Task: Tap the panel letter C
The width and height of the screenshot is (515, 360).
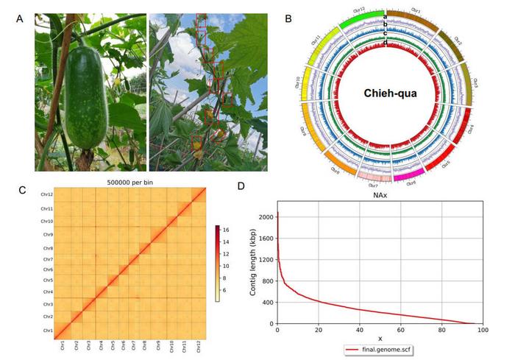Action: point(24,190)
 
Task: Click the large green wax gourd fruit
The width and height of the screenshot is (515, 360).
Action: point(85,98)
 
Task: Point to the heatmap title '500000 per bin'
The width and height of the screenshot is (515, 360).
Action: point(129,183)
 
